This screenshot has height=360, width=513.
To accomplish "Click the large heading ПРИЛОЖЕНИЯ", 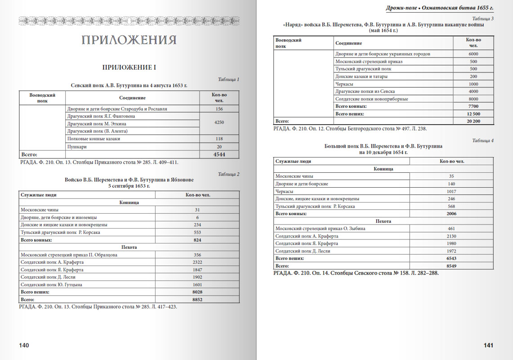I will [129, 40].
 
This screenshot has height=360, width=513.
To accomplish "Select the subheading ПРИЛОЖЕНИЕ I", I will [129, 67].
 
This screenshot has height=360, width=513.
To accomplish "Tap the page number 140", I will [24, 345].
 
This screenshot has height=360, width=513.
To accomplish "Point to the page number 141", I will [488, 345].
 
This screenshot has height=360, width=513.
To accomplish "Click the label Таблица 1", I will [228, 80].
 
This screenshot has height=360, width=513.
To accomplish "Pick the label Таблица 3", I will [483, 18].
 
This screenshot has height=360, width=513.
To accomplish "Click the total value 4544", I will [219, 154].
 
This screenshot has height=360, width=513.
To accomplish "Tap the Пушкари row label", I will [77, 147].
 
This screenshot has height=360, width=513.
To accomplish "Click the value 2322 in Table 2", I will [197, 262].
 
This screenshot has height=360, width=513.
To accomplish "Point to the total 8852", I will [198, 299].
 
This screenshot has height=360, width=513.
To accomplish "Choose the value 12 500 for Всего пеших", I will [473, 114].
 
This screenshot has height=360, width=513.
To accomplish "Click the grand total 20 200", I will [473, 121].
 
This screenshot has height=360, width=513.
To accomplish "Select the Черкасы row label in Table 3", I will [344, 84].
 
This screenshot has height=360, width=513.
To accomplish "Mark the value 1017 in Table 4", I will [451, 191].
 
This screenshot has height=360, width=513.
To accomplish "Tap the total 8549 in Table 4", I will [451, 266].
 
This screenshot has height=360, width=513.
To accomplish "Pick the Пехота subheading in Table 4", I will [383, 221].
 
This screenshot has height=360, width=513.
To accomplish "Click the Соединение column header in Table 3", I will [348, 43].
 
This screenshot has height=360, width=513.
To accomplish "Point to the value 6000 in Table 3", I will [473, 54].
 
